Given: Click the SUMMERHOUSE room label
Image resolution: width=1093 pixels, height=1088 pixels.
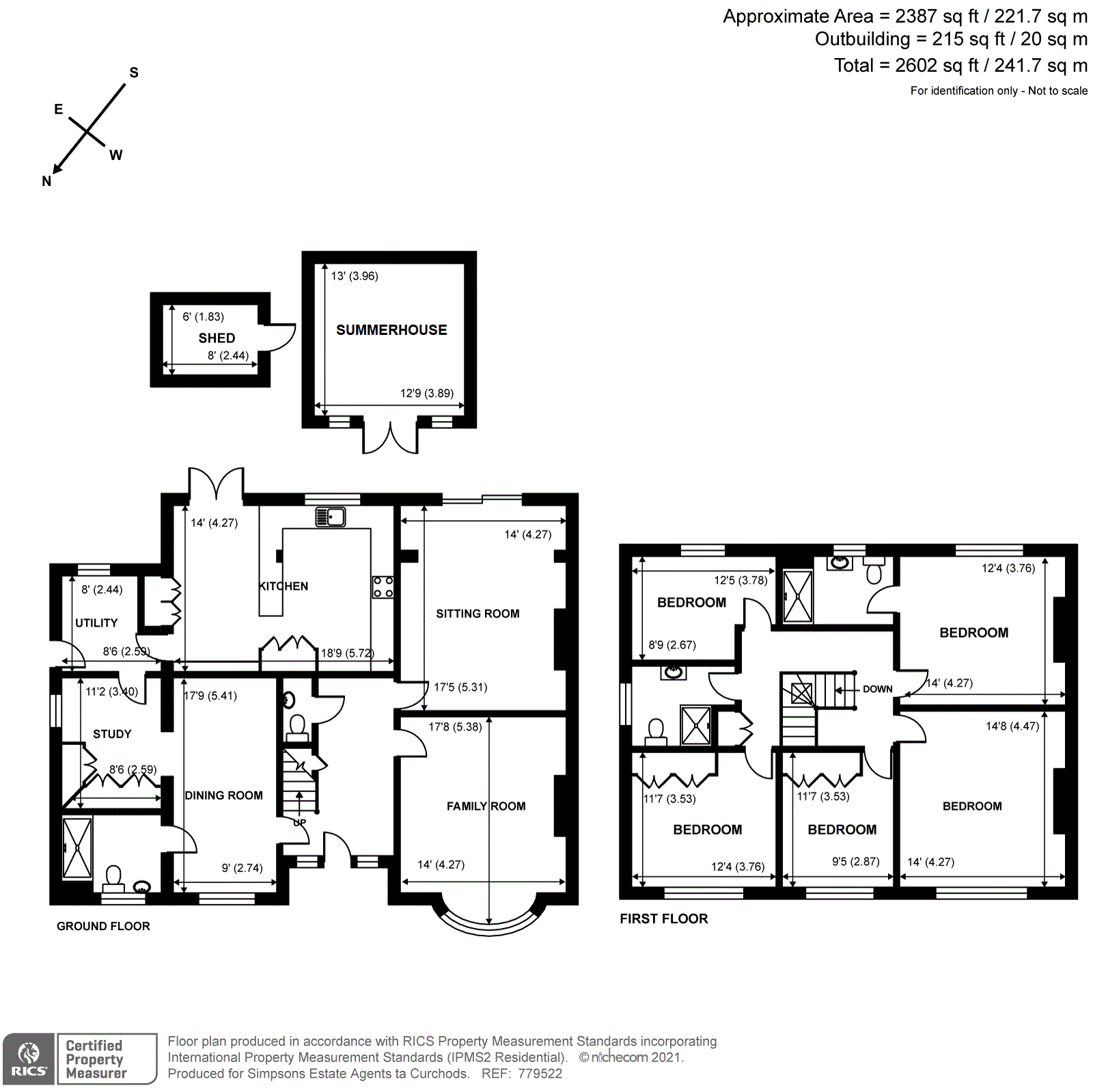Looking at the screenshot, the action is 391,330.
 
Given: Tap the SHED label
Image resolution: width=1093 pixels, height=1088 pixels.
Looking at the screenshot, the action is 217,338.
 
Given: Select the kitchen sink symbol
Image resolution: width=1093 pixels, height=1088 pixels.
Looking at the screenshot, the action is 331,517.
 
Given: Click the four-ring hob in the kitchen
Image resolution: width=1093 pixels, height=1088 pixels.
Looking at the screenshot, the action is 383,587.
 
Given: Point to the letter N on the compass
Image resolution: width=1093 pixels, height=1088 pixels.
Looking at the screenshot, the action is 46,181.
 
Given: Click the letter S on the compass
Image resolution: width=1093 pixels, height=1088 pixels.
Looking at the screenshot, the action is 134,72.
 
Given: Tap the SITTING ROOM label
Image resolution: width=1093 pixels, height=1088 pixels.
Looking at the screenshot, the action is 478,614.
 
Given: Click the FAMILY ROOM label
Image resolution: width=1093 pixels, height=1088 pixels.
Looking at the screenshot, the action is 486,806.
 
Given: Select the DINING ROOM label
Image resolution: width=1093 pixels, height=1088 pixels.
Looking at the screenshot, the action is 224,795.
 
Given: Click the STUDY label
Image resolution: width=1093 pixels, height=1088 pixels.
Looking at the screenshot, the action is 112,734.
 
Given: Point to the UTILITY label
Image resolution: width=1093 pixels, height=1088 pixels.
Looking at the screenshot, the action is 96,623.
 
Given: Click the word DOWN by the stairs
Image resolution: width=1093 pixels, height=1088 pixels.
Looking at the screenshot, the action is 878,689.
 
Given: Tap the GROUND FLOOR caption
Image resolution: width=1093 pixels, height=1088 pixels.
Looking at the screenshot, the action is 103,926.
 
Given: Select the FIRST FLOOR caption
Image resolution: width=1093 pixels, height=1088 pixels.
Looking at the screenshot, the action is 664,919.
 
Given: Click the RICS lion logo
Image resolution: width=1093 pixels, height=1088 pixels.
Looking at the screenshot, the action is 29,1058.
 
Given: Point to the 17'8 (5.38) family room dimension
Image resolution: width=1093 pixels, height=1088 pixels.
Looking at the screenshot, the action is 455,726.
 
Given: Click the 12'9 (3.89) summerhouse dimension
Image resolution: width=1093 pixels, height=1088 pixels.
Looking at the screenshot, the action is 427,393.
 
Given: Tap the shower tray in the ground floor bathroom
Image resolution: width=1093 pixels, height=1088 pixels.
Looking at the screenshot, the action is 77,847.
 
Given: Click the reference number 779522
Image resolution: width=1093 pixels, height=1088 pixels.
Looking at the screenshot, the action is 540,1073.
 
